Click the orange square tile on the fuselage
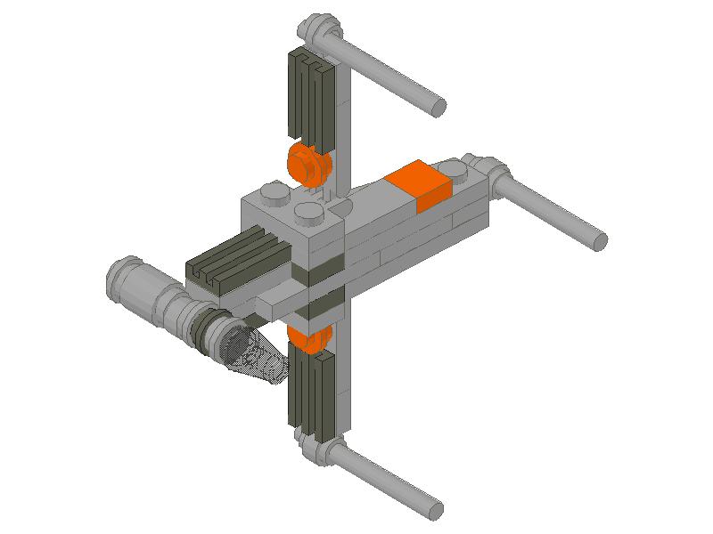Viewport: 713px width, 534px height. pos(419,185)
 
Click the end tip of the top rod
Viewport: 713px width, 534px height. pos(438,106)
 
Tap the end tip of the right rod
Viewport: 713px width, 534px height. pos(600,240)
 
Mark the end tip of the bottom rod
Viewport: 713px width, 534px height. pos(435,509)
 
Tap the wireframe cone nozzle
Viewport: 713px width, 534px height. pos(258,360)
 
